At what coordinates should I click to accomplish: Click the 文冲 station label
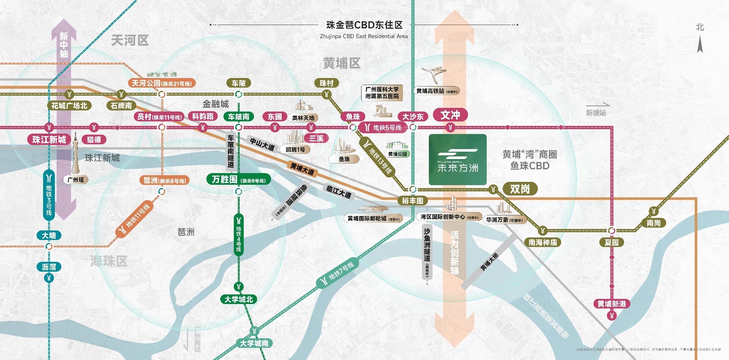pos(450,115)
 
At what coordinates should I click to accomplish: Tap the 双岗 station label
pos(520,189)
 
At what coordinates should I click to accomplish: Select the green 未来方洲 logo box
pos(458,159)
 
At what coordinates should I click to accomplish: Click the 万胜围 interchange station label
pos(239,180)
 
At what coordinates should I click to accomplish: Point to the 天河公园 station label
pos(162,84)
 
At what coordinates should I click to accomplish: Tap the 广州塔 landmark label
pos(75,180)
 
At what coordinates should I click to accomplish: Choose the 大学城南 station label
pos(254,343)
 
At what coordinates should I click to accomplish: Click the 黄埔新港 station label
pos(612,304)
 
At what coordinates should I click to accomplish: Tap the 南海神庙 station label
pos(543,242)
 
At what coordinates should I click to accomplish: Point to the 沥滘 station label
pos(49,267)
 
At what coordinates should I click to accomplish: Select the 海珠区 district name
pos(109,261)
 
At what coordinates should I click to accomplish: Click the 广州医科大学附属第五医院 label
pos(382,93)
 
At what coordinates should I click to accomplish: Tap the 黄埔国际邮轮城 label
pos(374,218)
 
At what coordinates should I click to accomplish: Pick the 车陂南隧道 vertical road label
pos(231,151)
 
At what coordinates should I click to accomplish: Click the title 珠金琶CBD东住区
pos(364,25)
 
